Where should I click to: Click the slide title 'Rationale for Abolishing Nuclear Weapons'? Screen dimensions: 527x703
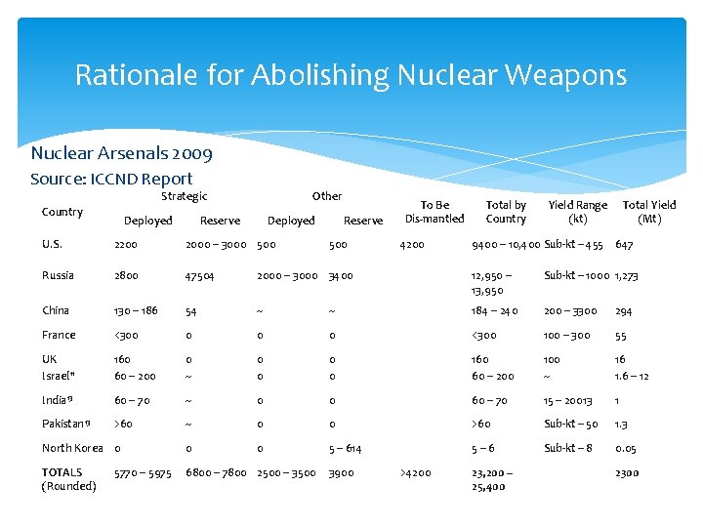pyautogui.click(x=351, y=75)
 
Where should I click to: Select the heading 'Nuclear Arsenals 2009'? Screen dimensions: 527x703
pyautogui.click(x=121, y=153)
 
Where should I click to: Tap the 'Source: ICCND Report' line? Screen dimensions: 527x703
pyautogui.click(x=111, y=179)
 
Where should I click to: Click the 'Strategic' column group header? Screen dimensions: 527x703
pyautogui.click(x=184, y=197)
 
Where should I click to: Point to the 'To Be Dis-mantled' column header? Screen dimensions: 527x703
pyautogui.click(x=434, y=212)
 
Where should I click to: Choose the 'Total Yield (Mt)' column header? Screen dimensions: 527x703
pyautogui.click(x=649, y=212)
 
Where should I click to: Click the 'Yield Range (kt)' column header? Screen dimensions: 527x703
pyautogui.click(x=577, y=212)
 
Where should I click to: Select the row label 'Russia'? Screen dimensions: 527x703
pyautogui.click(x=58, y=276)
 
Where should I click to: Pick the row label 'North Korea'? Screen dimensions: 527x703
pyautogui.click(x=72, y=448)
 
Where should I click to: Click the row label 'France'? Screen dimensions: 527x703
pyautogui.click(x=58, y=335)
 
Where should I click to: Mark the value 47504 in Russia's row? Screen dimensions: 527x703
pyautogui.click(x=202, y=276)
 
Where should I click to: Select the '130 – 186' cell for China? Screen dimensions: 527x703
pyautogui.click(x=136, y=310)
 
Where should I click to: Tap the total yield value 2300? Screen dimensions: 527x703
pyautogui.click(x=627, y=472)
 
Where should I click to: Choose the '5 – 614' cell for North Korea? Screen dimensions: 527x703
pyautogui.click(x=346, y=448)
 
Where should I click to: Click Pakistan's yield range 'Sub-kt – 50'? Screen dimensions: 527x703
pyautogui.click(x=571, y=424)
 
